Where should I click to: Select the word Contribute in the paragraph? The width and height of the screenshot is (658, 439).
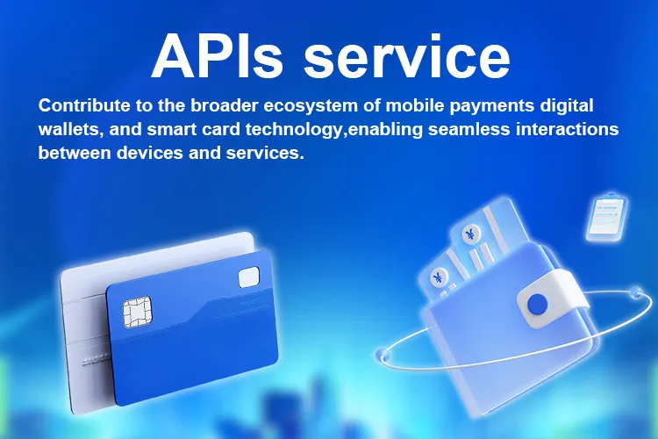(83, 106)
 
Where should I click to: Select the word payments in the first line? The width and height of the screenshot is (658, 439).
(490, 106)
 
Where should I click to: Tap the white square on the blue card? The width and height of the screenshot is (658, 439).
(248, 277)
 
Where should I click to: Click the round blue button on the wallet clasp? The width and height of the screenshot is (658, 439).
(537, 304)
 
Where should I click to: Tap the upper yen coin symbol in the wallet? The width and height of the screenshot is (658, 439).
(470, 234)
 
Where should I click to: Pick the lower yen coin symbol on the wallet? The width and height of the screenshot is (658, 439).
(437, 277)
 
